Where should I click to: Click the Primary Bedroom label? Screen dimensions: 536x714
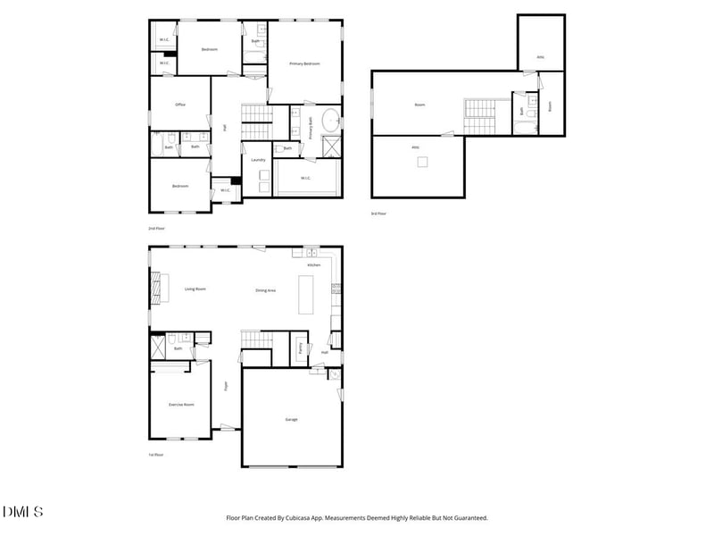click(304, 64)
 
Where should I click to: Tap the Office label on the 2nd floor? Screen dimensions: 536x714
click(179, 105)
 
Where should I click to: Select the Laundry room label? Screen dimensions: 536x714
click(259, 160)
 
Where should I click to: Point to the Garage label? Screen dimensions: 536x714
click(291, 419)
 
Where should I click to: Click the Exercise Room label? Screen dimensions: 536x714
click(182, 405)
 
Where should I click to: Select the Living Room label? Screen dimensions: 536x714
click(195, 289)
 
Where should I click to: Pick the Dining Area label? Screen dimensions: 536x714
click(265, 290)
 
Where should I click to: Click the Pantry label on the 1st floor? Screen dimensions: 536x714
click(301, 348)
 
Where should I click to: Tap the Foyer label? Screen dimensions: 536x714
click(226, 387)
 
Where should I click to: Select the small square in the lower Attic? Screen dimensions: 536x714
click(423, 162)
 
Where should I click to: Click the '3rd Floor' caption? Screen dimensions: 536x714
click(379, 213)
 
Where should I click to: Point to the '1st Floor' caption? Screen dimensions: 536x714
click(156, 455)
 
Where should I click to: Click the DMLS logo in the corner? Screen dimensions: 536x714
click(23, 512)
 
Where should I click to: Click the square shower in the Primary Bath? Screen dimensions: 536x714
click(329, 147)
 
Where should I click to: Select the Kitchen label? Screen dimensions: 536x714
click(313, 265)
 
